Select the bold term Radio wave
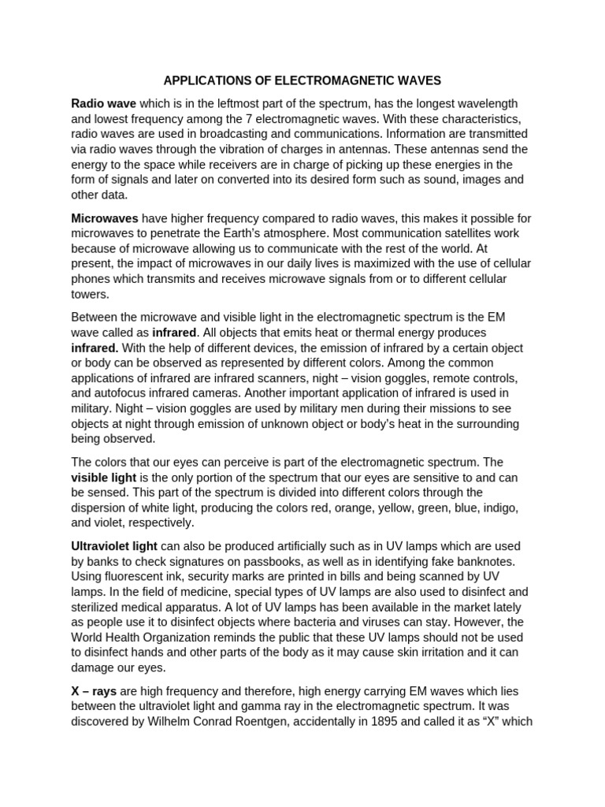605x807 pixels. point(103,104)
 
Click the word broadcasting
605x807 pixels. point(236,134)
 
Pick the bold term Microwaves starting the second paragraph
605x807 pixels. point(105,218)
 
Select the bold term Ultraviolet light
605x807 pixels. point(114,546)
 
